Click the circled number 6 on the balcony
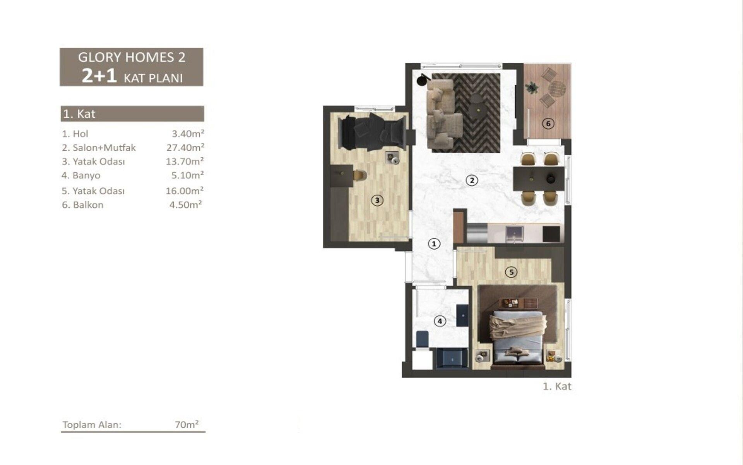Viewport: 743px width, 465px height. click(x=548, y=124)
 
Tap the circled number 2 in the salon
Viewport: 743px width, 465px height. click(x=471, y=180)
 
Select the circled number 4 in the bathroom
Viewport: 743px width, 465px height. click(x=440, y=321)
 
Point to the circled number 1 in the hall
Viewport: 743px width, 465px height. click(x=434, y=244)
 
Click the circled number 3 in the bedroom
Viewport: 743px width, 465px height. click(x=377, y=200)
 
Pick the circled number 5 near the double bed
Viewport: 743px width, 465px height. click(x=511, y=272)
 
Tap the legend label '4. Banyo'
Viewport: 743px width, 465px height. click(x=81, y=176)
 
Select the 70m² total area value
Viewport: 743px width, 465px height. click(x=187, y=425)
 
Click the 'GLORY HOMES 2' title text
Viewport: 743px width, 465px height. click(x=132, y=57)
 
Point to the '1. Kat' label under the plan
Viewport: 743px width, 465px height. click(x=557, y=386)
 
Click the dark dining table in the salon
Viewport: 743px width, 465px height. click(x=538, y=179)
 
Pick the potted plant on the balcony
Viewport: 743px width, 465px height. click(x=532, y=88)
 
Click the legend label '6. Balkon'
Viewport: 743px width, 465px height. click(x=83, y=205)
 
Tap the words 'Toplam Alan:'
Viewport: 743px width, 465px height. click(x=92, y=425)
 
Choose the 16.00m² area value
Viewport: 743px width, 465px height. click(x=185, y=191)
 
